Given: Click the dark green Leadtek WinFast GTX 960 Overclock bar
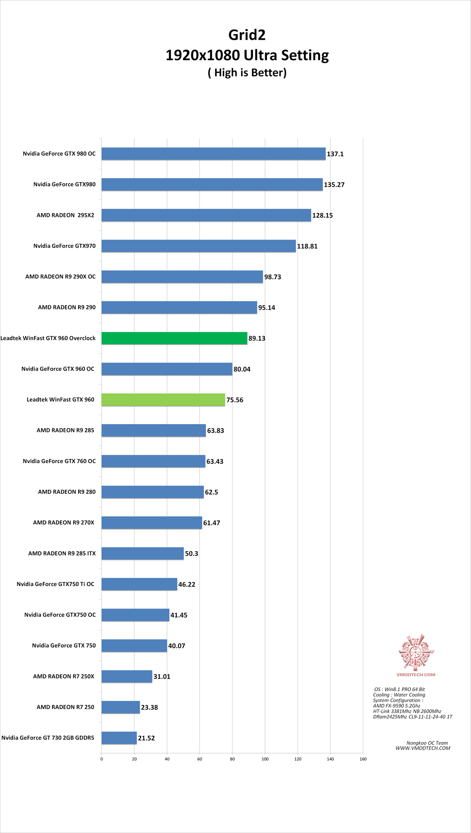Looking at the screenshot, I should [x=174, y=338].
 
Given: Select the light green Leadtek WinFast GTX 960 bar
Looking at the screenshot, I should [x=163, y=400].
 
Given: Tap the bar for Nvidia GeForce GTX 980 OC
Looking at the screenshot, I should [x=213, y=154].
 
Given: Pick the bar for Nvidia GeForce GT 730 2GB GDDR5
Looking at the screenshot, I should [x=119, y=738].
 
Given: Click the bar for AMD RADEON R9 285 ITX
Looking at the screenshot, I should [x=143, y=553].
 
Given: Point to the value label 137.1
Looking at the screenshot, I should [x=335, y=154].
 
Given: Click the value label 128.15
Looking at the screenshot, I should [x=322, y=216].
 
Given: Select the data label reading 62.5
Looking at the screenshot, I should [x=212, y=492].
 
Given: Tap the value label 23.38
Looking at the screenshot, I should [x=149, y=707].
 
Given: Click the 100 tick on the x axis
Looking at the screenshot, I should [x=265, y=759].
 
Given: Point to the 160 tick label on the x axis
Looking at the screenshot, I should [x=363, y=759].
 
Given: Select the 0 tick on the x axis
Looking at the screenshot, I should [x=102, y=759].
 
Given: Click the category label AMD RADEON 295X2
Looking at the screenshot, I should [x=65, y=215].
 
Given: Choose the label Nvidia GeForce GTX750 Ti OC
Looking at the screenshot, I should [x=55, y=584].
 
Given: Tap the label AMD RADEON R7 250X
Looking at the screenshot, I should [x=64, y=676].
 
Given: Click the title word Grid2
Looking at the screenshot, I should [x=247, y=35].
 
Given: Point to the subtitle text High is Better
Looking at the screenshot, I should [x=247, y=72].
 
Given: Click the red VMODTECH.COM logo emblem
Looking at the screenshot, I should [x=416, y=652].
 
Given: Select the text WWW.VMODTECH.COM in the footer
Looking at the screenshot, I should [x=423, y=748].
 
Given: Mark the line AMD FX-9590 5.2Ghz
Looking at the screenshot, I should [x=396, y=706].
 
